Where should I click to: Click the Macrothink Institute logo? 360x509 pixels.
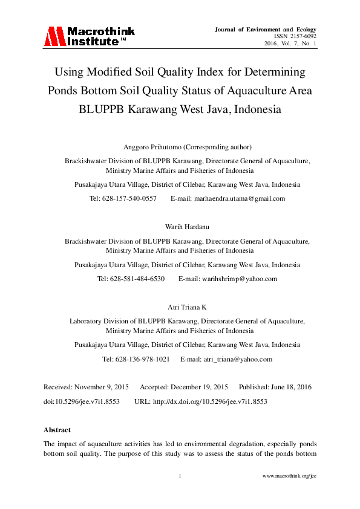click(89, 36)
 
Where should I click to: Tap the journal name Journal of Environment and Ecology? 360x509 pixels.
click(265, 29)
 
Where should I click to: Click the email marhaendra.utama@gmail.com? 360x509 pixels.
click(236, 198)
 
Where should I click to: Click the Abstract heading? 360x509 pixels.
click(58, 430)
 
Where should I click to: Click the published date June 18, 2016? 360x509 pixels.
click(290, 386)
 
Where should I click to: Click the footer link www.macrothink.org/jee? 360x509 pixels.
click(289, 476)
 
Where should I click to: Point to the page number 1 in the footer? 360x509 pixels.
click(180, 476)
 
